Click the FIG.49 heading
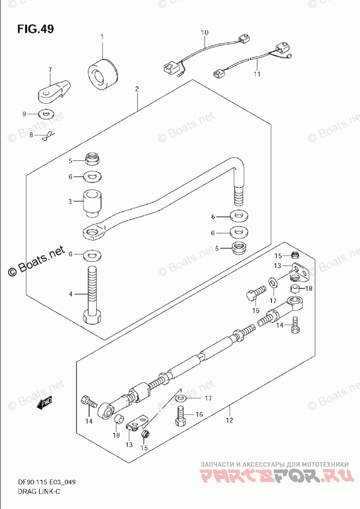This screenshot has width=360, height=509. pos(35,29)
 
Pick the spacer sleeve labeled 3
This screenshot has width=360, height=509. pos(91,203)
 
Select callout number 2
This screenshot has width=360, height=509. pos(137,90)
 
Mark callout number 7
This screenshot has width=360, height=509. pos(50,70)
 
